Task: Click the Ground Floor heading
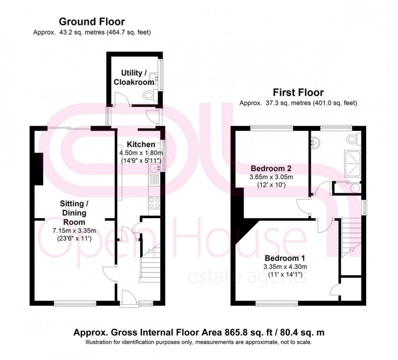(x=92, y=22)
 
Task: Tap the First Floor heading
(x=298, y=93)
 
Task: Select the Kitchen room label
(x=141, y=144)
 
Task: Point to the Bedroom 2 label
(x=271, y=168)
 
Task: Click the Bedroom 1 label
(x=285, y=258)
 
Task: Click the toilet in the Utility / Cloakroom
(x=150, y=95)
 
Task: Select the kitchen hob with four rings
(x=154, y=202)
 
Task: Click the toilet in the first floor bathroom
(x=353, y=139)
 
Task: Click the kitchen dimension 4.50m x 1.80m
(x=141, y=153)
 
